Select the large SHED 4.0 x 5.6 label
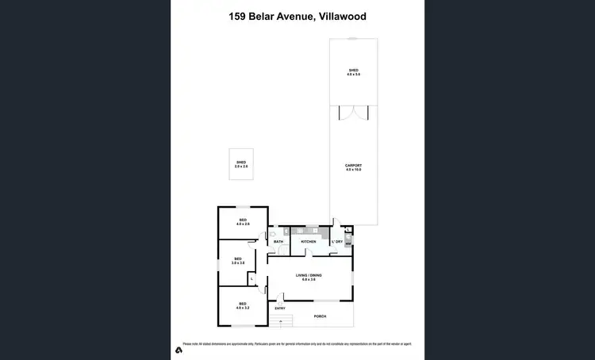tap(353, 72)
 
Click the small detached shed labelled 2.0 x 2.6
tap(241, 164)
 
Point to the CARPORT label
tap(353, 167)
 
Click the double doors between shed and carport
tap(353, 113)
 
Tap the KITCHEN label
tap(309, 241)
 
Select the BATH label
tap(278, 241)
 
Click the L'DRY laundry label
tap(337, 241)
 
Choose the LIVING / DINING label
tap(309, 278)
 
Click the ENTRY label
tap(280, 308)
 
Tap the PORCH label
tap(321, 316)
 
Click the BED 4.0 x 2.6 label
tap(243, 223)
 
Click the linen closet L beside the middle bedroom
tap(251, 278)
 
